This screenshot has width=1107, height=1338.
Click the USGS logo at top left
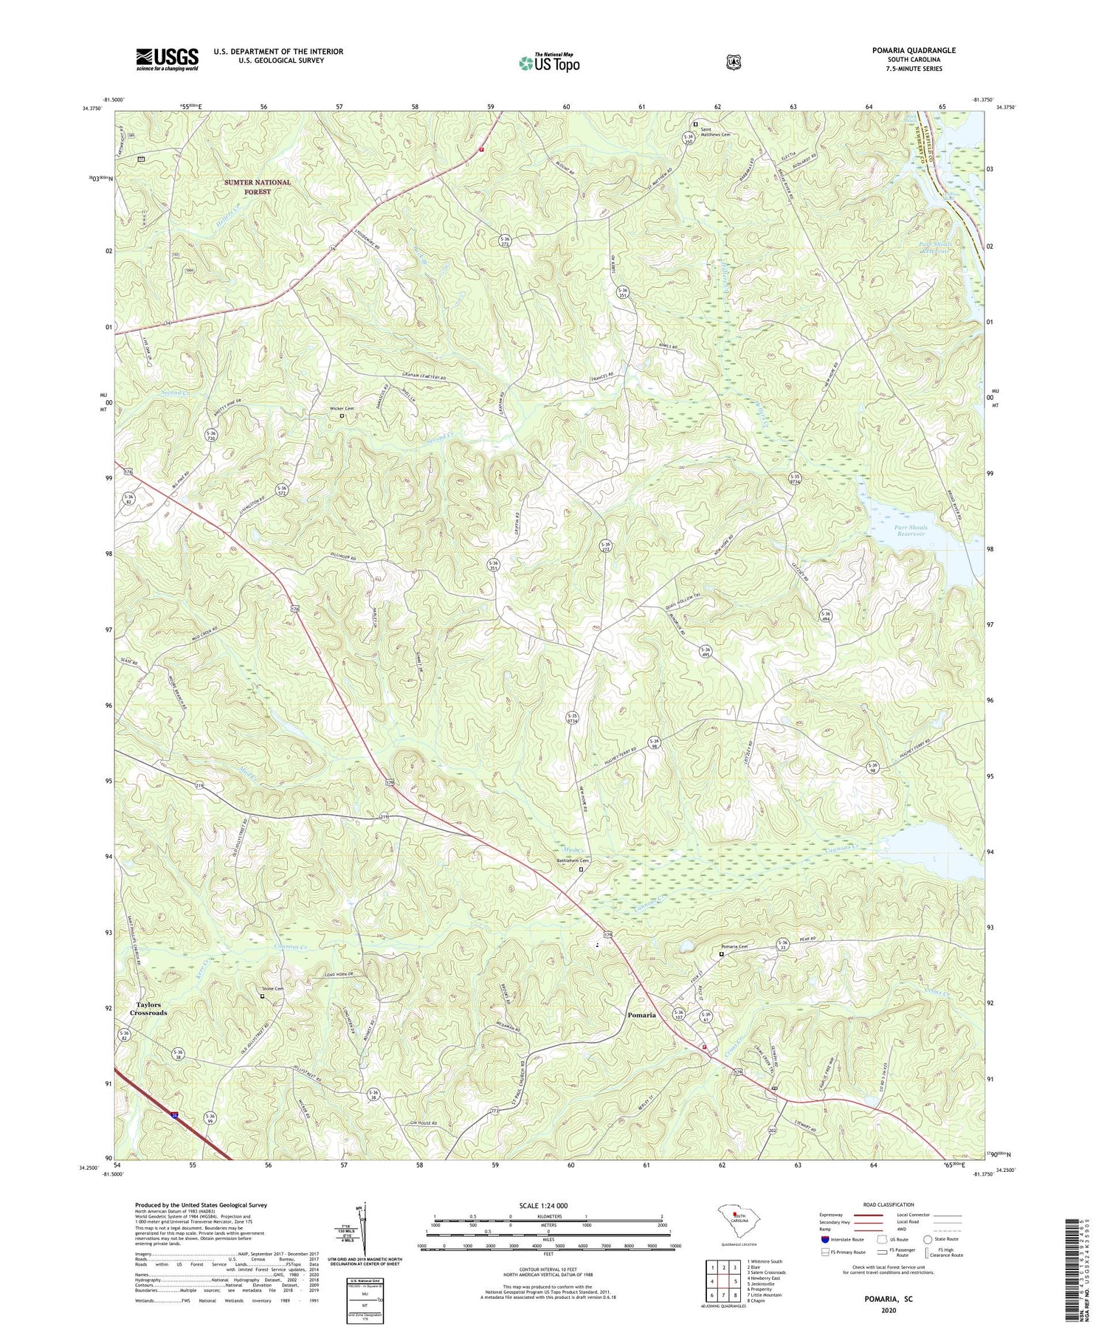(x=167, y=59)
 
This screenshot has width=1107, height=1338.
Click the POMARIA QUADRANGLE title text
(x=915, y=50)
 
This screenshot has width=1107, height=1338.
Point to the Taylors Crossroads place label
(x=150, y=1009)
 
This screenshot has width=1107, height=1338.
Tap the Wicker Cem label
(x=342, y=408)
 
